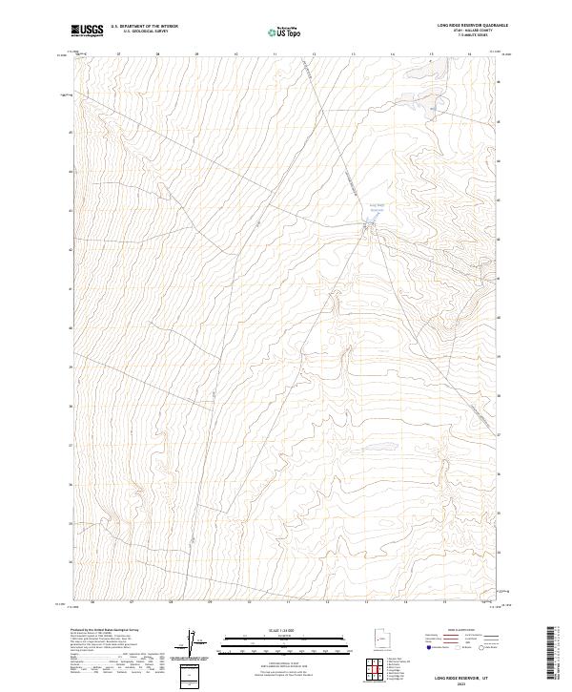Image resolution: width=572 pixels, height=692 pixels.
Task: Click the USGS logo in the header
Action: [87, 31]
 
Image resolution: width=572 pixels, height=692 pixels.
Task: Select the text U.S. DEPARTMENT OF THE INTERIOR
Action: [144, 27]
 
